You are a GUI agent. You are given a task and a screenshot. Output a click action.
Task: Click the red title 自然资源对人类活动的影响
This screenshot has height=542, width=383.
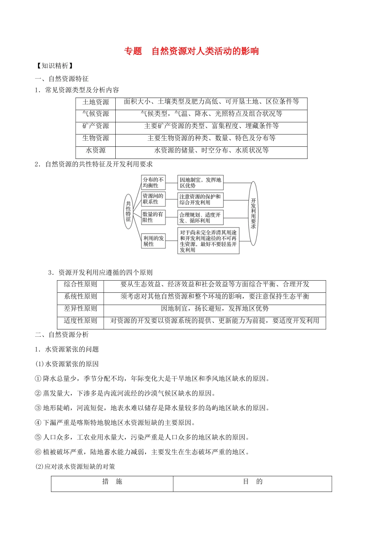click(x=205, y=51)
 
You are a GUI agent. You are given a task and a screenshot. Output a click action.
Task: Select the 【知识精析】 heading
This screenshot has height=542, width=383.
click(x=54, y=66)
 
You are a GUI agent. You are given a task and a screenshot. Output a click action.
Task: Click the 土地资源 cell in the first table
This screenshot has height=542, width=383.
click(x=96, y=102)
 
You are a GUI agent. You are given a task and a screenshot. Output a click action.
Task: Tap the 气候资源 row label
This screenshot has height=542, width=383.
click(x=96, y=114)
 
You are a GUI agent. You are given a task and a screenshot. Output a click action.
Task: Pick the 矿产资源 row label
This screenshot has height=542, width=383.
click(x=96, y=126)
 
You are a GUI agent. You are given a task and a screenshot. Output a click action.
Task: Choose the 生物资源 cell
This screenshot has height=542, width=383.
click(x=96, y=138)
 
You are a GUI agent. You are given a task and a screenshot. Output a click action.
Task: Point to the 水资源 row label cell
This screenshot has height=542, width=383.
click(x=96, y=150)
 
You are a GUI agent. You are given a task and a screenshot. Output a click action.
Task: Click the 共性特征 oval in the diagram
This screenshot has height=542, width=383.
click(x=128, y=211)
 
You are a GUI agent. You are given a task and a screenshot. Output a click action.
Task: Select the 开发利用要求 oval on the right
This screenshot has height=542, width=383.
click(x=253, y=213)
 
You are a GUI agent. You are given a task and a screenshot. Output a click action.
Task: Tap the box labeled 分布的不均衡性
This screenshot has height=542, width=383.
click(x=153, y=183)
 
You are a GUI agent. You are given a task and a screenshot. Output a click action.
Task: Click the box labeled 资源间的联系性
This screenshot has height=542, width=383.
click(x=153, y=199)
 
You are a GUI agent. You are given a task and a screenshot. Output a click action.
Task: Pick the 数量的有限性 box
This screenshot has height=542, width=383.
click(x=153, y=217)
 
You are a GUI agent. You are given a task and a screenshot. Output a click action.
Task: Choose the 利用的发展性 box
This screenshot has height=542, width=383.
click(x=153, y=241)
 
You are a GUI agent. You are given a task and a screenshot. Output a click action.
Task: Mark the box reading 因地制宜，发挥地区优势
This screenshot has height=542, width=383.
click(x=200, y=183)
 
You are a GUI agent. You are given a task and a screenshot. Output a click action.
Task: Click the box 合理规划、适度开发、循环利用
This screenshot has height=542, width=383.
click(x=200, y=218)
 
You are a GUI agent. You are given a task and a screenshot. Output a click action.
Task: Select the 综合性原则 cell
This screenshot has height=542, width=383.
click(x=81, y=285)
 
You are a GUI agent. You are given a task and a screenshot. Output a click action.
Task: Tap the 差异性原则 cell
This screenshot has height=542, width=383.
click(x=81, y=309)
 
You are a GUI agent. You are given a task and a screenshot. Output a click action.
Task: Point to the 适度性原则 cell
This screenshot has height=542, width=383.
click(x=81, y=321)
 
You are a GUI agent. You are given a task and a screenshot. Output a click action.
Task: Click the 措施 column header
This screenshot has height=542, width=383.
click(x=112, y=482)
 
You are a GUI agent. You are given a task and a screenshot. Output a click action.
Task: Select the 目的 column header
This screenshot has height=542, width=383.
click(x=252, y=482)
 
